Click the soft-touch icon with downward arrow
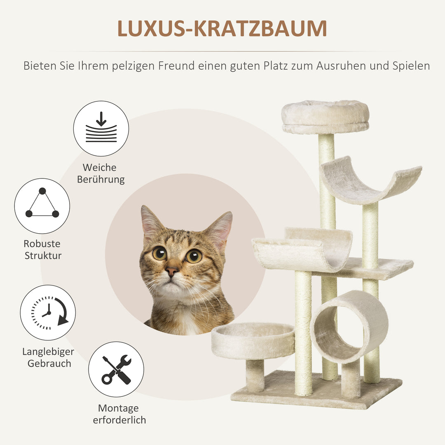101,129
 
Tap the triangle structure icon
42,206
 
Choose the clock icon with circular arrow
48,313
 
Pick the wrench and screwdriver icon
116,369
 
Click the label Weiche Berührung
101,173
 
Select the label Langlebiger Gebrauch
49,358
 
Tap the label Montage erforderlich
119,414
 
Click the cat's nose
171,271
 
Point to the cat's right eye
194,256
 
